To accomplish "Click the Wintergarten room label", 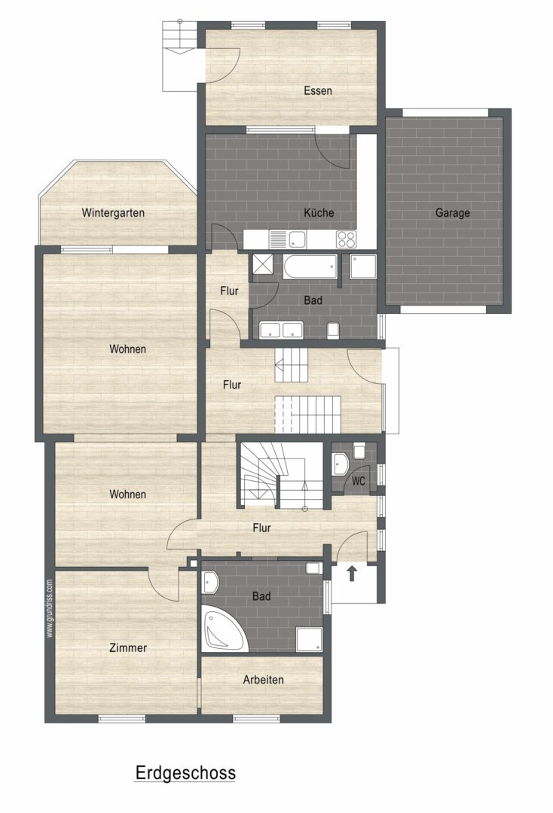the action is point(113,212).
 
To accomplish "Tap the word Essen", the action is point(317,91).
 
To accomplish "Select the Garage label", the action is point(452,212).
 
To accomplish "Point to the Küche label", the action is point(319,212).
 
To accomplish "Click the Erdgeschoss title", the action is point(185,772).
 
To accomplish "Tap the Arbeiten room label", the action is point(264,679).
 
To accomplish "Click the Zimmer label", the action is point(128,647).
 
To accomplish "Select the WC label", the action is point(359,481).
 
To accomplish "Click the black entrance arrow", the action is point(353,573).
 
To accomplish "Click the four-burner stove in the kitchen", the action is point(346,239).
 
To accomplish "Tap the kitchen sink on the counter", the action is point(288,239).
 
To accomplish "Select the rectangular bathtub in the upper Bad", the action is point(310,266).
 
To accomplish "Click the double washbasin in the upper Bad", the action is point(281,330).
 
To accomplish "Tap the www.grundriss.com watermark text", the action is point(50,608).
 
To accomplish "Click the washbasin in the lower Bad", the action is point(211,582).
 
